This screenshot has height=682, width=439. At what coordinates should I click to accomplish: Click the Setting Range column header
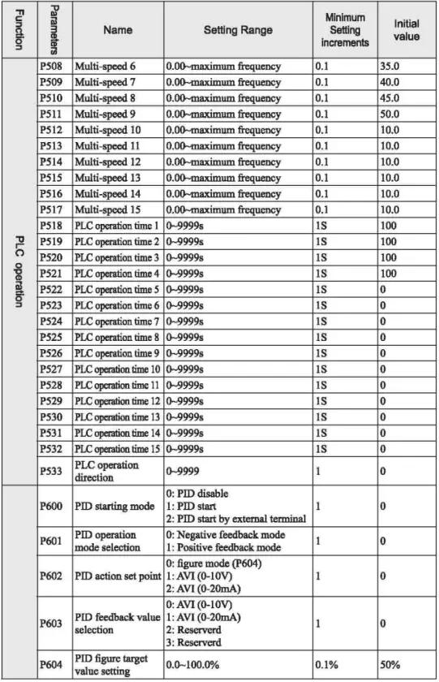pyautogui.click(x=238, y=30)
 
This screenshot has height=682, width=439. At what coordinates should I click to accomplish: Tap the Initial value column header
pyautogui.click(x=405, y=30)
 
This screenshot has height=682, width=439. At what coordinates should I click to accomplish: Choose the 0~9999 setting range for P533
pyautogui.click(x=183, y=471)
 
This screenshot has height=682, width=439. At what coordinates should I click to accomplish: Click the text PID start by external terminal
pyautogui.click(x=242, y=519)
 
